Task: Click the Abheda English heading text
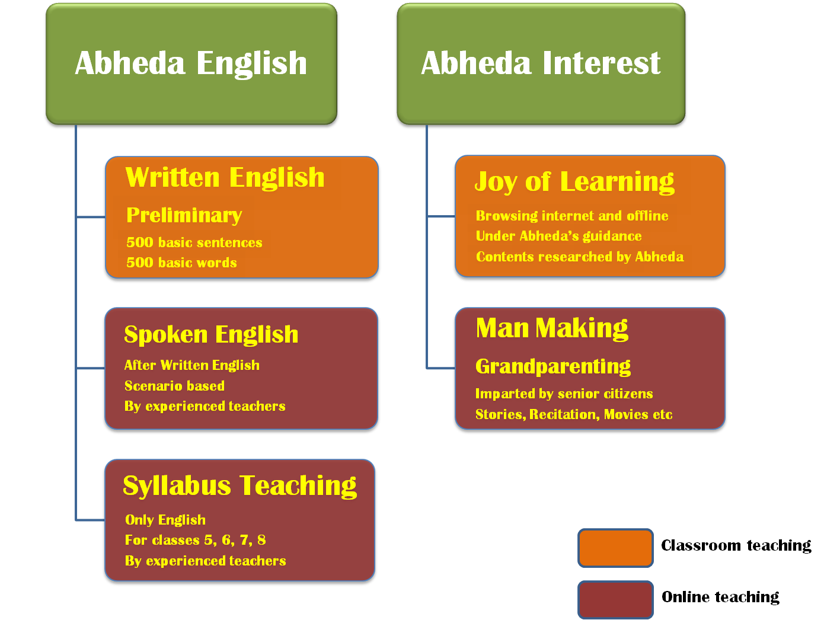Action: click(191, 64)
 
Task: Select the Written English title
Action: click(225, 178)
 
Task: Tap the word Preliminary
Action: click(184, 215)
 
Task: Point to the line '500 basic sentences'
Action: click(194, 242)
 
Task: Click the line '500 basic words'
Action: click(181, 263)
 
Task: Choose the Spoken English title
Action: click(211, 334)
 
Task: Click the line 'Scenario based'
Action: click(174, 385)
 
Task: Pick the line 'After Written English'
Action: click(192, 365)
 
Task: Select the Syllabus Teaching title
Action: click(239, 487)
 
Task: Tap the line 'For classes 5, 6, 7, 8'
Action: click(195, 540)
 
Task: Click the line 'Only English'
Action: click(165, 520)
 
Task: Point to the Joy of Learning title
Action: click(574, 183)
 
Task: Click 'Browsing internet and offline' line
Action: click(571, 215)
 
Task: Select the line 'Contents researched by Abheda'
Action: click(580, 256)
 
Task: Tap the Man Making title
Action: click(552, 328)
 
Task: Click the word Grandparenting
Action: click(553, 366)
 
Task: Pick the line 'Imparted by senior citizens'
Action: click(564, 394)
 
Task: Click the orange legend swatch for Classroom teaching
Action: click(615, 548)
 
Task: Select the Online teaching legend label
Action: click(720, 597)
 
